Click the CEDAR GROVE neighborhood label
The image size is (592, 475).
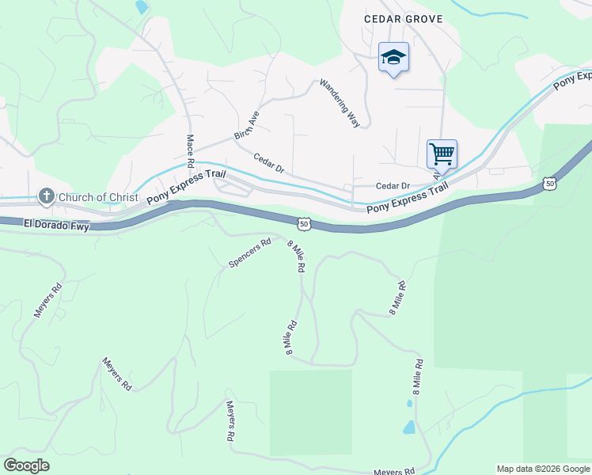403,18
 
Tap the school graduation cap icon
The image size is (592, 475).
393,57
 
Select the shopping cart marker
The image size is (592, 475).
442,152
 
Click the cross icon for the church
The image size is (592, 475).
47,197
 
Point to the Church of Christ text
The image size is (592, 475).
97,197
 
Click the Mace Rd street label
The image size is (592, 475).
191,150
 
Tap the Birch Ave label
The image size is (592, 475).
246,126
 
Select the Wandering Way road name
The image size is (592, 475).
340,103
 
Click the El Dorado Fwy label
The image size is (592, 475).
56,226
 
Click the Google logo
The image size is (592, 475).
26,465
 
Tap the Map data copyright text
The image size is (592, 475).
543,469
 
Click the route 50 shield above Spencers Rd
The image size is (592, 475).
305,225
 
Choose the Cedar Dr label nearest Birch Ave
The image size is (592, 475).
268,162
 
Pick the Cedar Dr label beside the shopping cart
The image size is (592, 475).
393,186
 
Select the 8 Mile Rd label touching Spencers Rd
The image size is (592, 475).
296,256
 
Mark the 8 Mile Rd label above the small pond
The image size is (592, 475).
416,378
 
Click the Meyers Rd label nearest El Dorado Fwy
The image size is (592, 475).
47,302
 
